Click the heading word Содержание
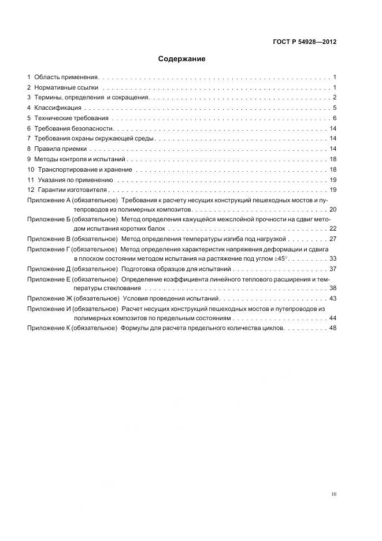[x=182, y=59]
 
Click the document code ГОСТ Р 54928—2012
[x=305, y=42]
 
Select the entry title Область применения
[x=66, y=77]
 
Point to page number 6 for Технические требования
[x=335, y=118]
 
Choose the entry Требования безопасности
[x=73, y=128]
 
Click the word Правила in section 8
[x=46, y=149]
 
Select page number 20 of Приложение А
[x=332, y=209]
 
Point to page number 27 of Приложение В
[x=332, y=239]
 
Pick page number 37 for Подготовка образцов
[x=332, y=269]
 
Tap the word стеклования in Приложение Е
[x=125, y=288]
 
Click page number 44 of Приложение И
[x=332, y=318]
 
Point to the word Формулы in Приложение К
[x=135, y=328]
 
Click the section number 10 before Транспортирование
[x=31, y=169]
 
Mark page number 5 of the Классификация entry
[x=335, y=108]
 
